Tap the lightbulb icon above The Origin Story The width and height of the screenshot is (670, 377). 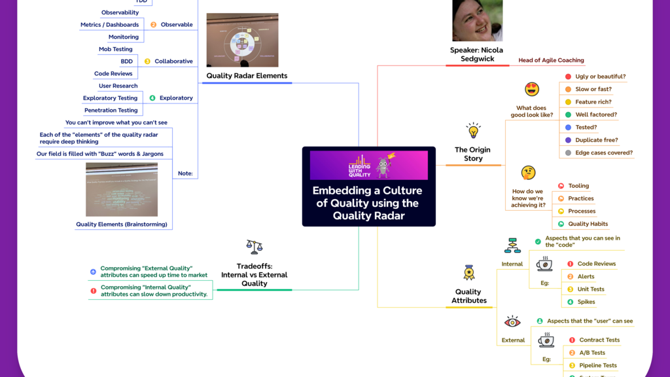tap(473, 130)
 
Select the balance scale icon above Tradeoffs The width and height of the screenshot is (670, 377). tap(254, 247)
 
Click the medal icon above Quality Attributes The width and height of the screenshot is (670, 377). tap(469, 272)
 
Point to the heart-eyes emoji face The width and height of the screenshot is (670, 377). tap(532, 90)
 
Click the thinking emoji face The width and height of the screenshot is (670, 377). tap(528, 173)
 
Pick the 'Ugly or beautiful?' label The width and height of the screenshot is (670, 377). tap(600, 77)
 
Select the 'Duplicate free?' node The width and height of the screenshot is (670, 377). tap(596, 140)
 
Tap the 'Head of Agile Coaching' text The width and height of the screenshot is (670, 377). tap(551, 60)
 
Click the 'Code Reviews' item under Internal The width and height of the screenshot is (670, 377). tap(596, 264)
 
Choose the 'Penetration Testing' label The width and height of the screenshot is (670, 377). tap(111, 110)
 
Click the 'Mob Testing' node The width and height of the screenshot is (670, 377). tap(115, 49)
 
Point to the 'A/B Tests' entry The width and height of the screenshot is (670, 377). tap(592, 353)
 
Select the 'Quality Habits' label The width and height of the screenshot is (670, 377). tap(588, 224)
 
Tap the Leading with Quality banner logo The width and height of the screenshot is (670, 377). tap(368, 165)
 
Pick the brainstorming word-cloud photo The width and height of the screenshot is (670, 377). tap(122, 189)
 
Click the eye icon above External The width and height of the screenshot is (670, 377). tap(512, 322)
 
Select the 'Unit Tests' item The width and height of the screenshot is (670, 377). tap(590, 289)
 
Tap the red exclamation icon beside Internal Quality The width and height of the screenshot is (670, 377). tap(93, 291)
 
